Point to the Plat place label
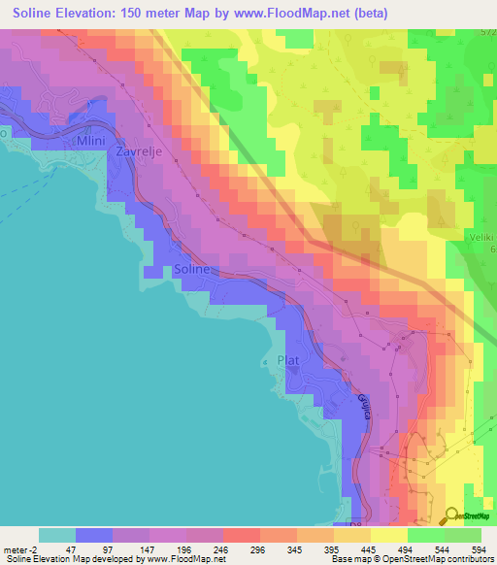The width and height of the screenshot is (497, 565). click(x=288, y=360)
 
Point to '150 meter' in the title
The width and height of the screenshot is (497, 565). click(x=185, y=14)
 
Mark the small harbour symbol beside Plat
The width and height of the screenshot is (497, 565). click(x=268, y=363)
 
